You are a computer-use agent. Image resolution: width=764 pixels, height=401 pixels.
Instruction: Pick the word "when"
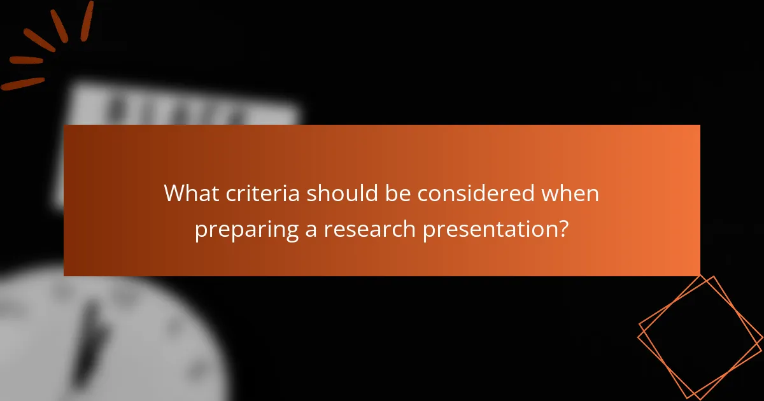click(x=570, y=193)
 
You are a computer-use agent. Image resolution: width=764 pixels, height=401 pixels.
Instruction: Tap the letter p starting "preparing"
click(x=200, y=231)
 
